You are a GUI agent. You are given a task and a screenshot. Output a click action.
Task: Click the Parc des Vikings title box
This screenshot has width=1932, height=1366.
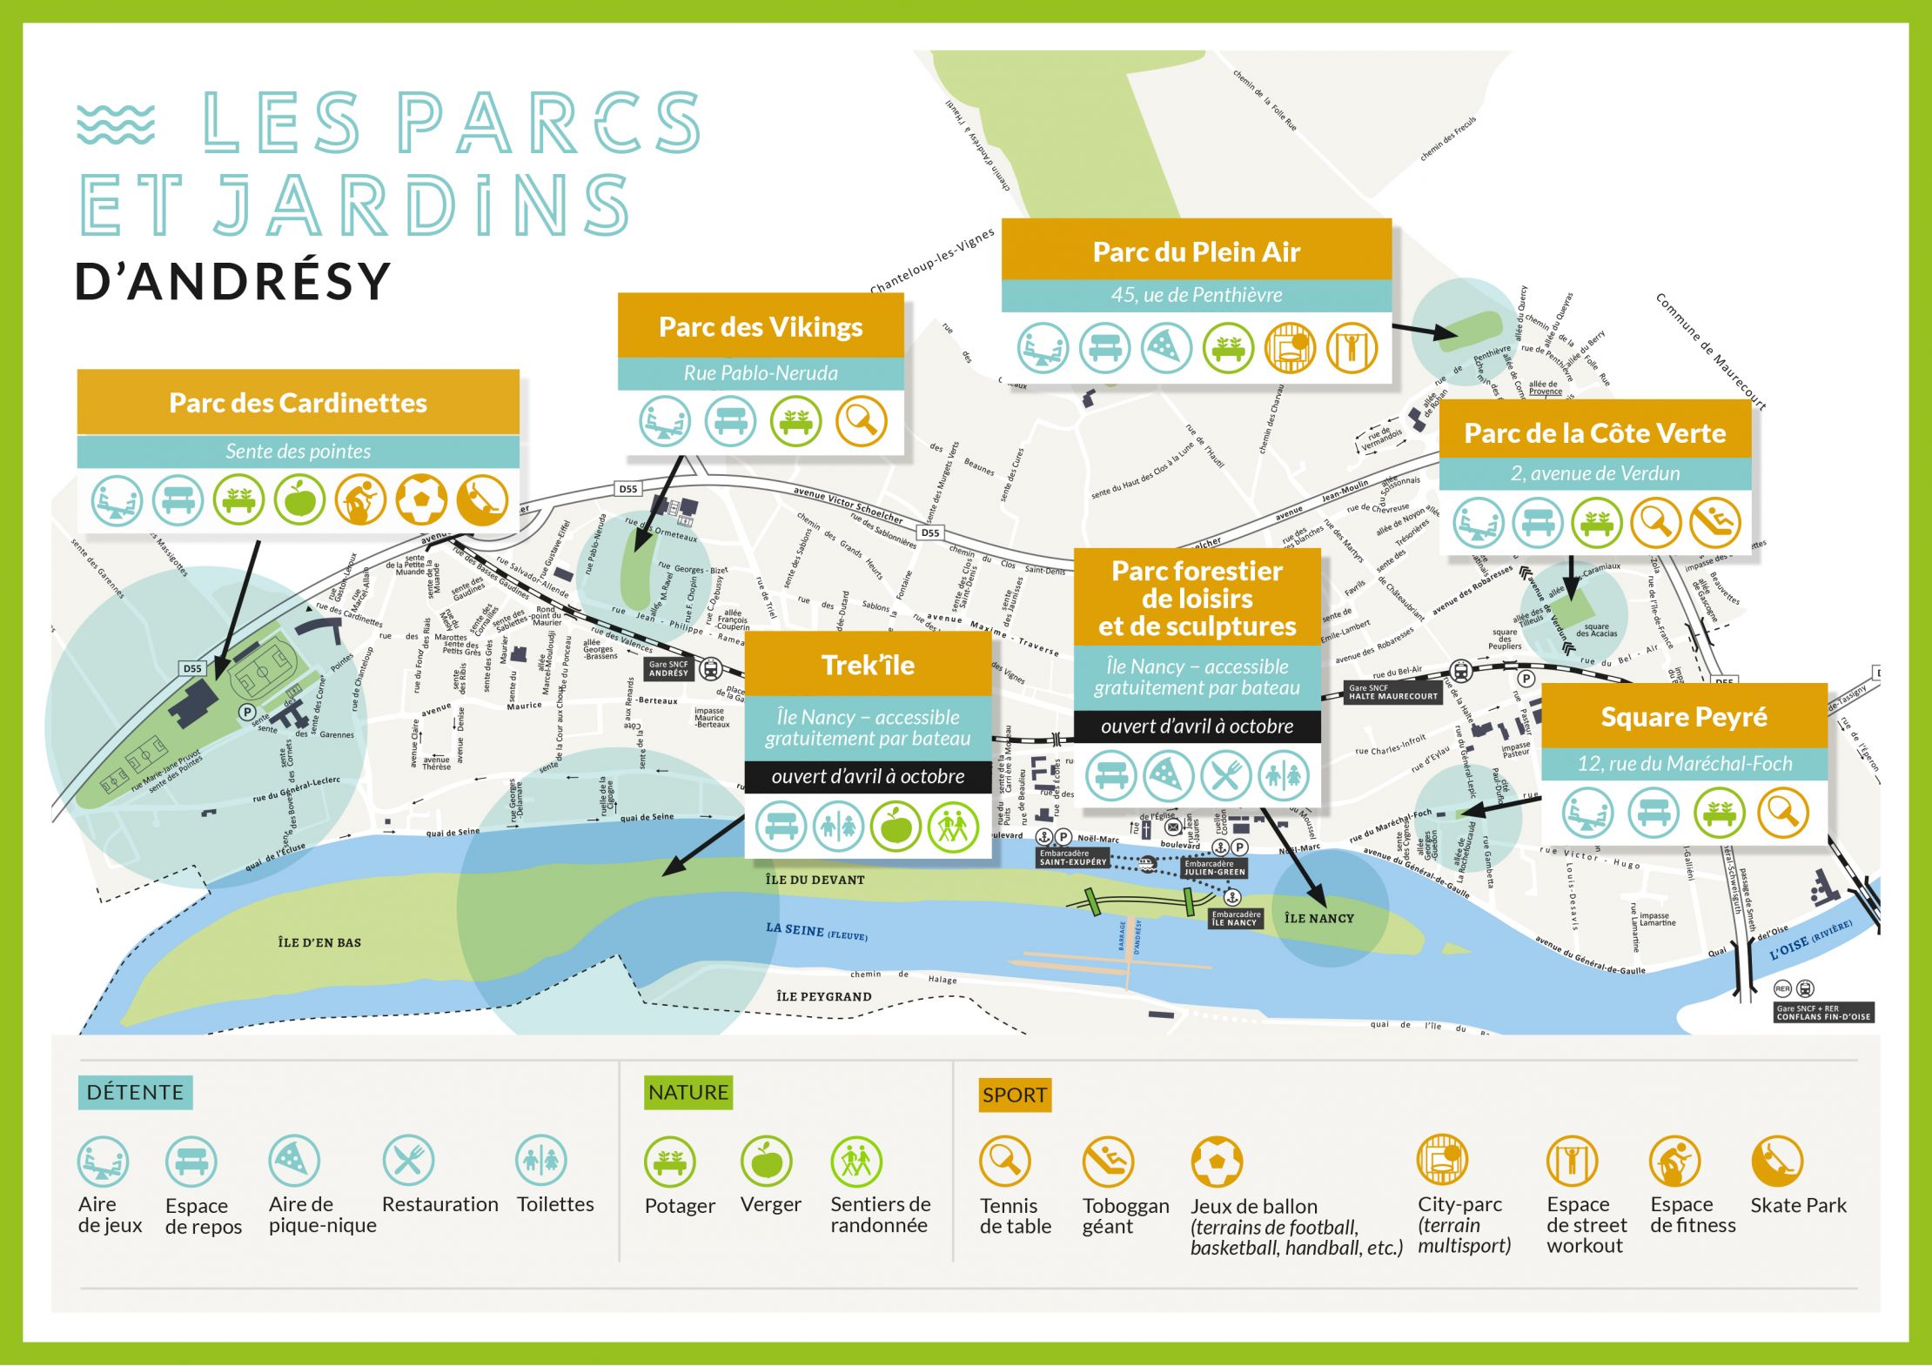(761, 327)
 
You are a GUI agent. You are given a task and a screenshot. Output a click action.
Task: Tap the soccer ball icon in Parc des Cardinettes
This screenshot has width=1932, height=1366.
(421, 500)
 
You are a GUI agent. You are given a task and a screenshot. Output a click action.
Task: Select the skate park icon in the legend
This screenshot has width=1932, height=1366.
(1776, 1162)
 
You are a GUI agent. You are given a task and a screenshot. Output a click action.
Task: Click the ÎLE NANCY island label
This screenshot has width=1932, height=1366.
(1319, 918)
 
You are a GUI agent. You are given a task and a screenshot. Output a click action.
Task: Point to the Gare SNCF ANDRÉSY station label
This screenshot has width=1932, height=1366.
(668, 668)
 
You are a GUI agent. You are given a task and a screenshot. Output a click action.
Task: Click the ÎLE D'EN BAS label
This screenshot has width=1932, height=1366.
(319, 942)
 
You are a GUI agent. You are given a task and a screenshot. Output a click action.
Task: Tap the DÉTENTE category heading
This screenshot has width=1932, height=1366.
(135, 1092)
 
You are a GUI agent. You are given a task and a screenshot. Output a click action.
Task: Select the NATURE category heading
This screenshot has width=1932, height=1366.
(688, 1092)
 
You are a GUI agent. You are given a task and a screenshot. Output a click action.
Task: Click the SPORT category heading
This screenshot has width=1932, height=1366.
(1014, 1095)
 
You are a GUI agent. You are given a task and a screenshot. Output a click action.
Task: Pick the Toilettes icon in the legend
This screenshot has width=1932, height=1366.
(541, 1161)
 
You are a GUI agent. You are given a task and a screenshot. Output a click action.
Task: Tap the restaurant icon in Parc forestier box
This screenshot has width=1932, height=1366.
(1225, 774)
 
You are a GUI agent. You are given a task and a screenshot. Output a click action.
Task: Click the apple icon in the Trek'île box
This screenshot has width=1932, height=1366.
(896, 827)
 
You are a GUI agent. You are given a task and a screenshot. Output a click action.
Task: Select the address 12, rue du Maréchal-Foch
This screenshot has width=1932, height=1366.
(1684, 764)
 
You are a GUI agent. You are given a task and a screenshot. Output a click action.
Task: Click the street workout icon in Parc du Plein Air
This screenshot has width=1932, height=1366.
(1351, 347)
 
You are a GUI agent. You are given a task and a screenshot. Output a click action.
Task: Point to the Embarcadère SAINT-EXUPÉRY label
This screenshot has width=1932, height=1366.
(1072, 858)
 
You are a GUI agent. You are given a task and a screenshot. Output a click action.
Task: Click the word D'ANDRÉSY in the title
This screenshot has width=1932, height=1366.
(232, 281)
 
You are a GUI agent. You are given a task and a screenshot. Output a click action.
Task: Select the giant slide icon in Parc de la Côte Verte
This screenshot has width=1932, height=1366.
(1714, 523)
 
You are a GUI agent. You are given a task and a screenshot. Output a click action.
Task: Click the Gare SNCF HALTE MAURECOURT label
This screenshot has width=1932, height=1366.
(1392, 693)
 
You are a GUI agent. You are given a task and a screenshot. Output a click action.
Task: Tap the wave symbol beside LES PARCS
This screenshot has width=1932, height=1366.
(116, 124)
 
